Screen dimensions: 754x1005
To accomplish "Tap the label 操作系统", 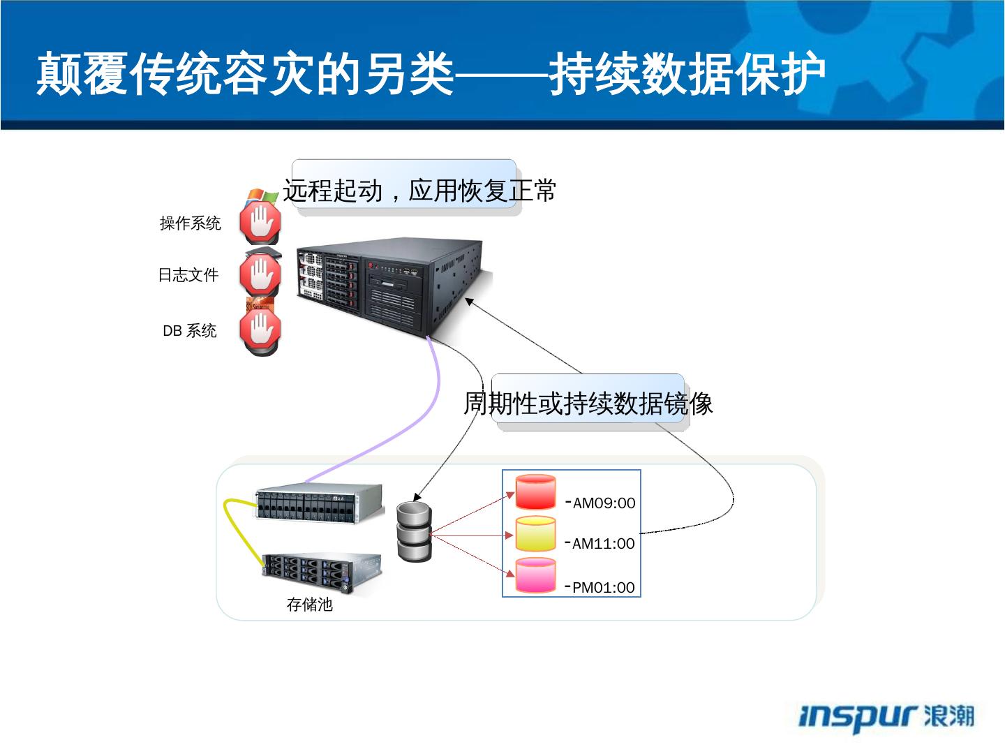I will [190, 223].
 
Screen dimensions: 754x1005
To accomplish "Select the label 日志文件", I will [188, 275].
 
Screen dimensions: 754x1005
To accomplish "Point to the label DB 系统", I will [189, 331].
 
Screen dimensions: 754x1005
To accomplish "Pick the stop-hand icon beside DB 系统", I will [260, 330].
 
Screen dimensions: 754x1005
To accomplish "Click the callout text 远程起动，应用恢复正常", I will [419, 190].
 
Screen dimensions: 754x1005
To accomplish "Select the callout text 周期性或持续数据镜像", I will [588, 403].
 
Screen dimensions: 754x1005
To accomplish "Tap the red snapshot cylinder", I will [535, 492].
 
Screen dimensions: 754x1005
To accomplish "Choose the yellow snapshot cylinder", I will [535, 534].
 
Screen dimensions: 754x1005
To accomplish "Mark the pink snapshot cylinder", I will [535, 576].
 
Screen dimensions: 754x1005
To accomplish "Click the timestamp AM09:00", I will [604, 503].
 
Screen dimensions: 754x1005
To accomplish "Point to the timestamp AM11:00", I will [603, 544].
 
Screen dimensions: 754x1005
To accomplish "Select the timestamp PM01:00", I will [603, 587].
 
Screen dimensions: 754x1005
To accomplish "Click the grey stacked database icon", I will [414, 531].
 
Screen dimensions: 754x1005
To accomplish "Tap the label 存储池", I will [310, 605].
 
